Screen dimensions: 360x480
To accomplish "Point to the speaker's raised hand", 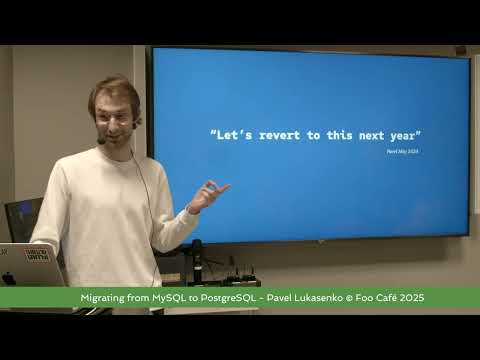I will pos(207,194).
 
